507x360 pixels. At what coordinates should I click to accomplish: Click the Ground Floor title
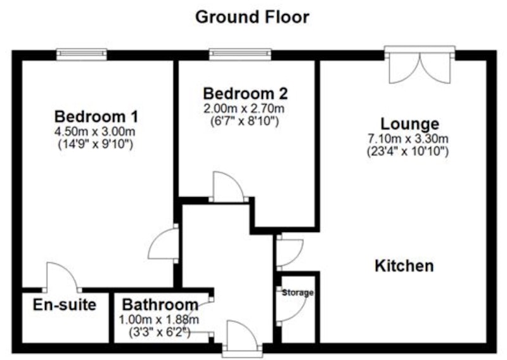[252, 18]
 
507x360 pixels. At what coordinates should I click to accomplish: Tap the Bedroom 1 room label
[96, 117]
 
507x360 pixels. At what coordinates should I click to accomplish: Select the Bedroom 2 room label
[245, 94]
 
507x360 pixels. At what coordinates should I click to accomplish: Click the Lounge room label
[409, 124]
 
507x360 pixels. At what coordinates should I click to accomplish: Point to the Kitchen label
[404, 266]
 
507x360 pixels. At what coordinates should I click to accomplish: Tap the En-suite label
[65, 305]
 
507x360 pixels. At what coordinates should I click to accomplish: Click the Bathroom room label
[160, 305]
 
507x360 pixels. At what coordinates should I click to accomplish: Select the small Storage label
[298, 293]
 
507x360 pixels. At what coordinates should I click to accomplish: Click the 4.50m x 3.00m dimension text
[94, 132]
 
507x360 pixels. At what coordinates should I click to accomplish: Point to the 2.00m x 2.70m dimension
[244, 108]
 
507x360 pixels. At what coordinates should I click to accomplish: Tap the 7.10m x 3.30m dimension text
[408, 139]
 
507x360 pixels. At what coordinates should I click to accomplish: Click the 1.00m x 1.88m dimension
[159, 320]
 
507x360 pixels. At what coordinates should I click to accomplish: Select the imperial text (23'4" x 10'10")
[408, 151]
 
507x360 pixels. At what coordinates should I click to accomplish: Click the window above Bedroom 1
[82, 55]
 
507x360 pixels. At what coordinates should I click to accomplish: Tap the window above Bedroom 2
[240, 55]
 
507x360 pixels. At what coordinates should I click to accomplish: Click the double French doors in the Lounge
[420, 65]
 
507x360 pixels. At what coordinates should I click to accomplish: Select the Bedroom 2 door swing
[228, 187]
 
